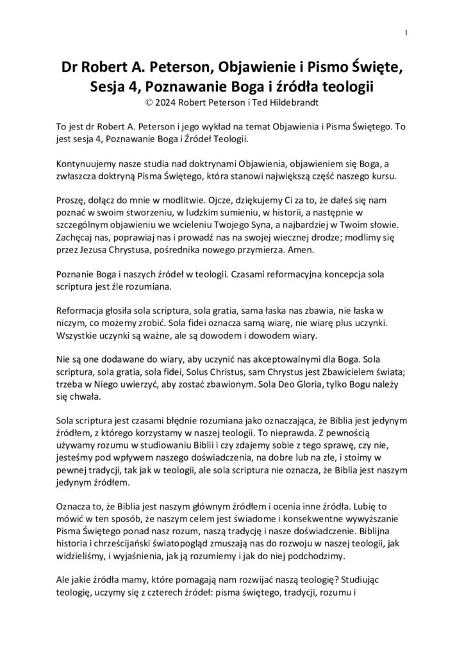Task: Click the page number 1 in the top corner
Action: click(408, 33)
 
